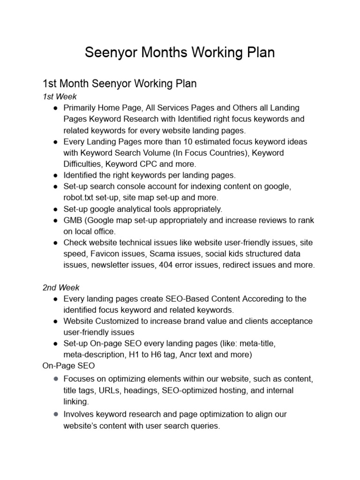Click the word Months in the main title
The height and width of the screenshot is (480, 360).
(x=158, y=52)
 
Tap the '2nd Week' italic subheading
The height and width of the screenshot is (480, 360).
(x=61, y=287)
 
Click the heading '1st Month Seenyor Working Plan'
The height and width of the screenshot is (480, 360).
(x=120, y=83)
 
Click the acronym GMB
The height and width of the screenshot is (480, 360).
(x=73, y=220)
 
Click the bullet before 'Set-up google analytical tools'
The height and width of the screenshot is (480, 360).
(x=55, y=209)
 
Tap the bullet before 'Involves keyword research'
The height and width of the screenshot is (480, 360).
(x=55, y=414)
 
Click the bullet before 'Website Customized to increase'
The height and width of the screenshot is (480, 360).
(x=55, y=321)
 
